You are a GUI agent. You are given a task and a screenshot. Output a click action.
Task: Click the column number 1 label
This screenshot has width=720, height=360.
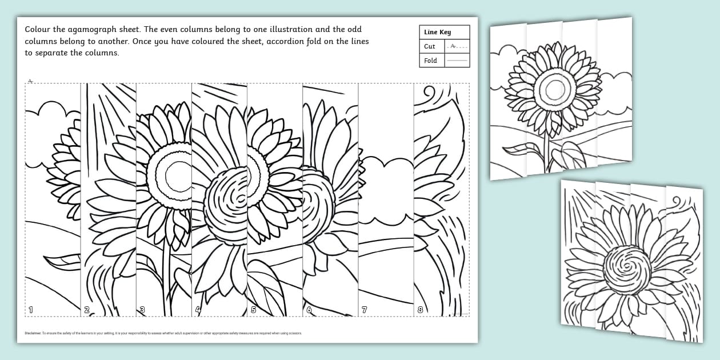[31, 310]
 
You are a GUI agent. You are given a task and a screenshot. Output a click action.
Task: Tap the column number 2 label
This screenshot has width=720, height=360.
[87, 310]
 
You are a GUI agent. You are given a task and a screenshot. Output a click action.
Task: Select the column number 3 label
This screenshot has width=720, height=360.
[142, 310]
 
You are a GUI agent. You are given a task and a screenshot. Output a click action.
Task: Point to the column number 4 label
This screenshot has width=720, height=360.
[198, 310]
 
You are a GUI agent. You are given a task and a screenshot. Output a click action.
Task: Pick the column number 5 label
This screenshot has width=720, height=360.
[254, 310]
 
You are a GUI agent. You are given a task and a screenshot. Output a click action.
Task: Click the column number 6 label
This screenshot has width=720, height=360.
[309, 310]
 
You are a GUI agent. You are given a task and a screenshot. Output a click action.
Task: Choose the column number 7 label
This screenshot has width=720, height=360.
[365, 310]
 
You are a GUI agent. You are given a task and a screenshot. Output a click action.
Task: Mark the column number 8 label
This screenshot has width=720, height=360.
[420, 310]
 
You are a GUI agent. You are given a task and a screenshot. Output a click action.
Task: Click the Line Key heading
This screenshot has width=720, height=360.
[437, 33]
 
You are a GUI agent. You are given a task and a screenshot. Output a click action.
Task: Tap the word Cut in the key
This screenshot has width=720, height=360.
[430, 46]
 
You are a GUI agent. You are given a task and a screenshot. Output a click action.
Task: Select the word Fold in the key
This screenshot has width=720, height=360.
[430, 61]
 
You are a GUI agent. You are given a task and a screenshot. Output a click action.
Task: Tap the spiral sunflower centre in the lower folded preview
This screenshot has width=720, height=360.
[627, 270]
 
